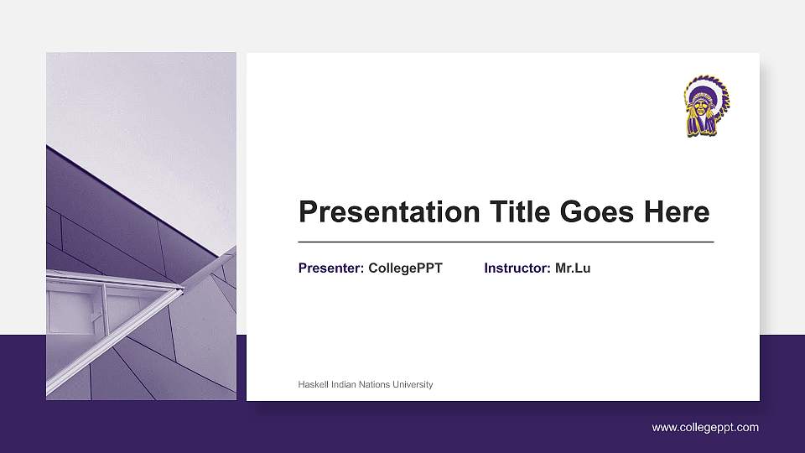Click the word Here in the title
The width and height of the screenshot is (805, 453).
676,212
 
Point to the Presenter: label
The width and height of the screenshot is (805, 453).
331,268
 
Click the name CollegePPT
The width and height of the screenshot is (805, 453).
405,268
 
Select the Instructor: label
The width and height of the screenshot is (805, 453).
517,268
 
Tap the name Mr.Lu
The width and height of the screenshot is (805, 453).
573,268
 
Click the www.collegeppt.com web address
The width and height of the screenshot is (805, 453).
705,427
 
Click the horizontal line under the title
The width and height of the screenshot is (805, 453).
506,242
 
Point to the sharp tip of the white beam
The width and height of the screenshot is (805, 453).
182,289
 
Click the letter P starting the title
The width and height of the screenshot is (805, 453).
308,212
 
